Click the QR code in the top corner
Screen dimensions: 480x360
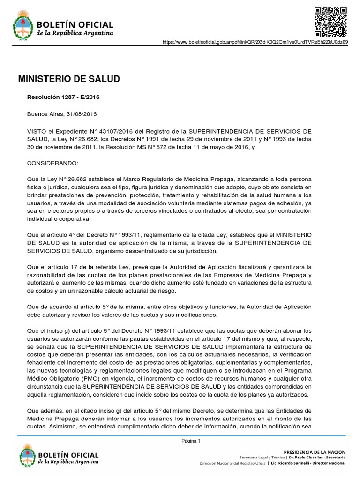click(330, 22)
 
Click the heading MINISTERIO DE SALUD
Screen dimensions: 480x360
click(68, 79)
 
